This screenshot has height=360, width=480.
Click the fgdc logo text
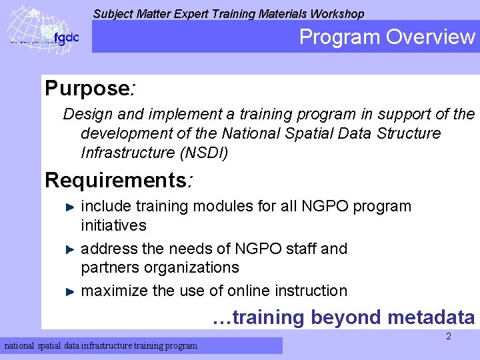point(66,37)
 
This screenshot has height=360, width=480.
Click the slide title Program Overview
point(387,37)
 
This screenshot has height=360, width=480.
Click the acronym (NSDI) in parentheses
point(204,153)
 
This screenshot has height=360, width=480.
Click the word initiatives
point(113,225)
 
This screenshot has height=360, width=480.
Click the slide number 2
point(448,337)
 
